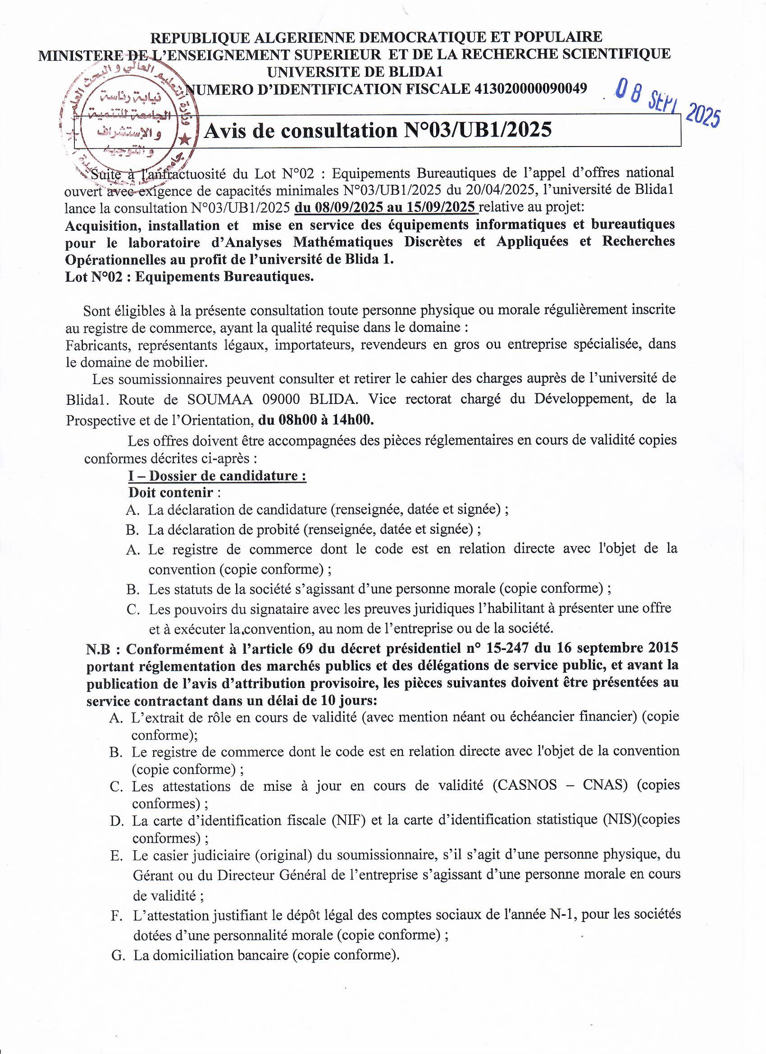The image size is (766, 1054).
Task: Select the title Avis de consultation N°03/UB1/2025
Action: tap(378, 131)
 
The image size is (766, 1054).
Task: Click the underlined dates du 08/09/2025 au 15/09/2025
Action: tap(386, 206)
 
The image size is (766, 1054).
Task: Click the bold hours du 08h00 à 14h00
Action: tap(316, 420)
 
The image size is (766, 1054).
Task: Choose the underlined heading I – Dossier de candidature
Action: tap(217, 476)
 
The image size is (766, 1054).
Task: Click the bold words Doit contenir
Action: tap(171, 492)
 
